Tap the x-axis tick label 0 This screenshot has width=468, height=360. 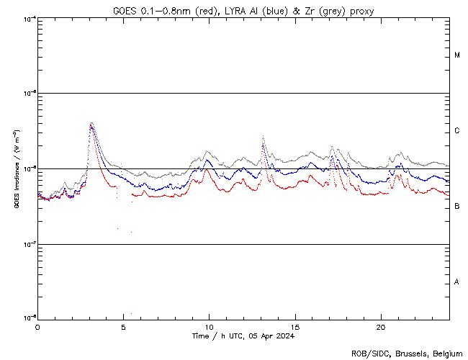tap(37, 326)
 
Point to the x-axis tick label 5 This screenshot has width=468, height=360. tap(123, 326)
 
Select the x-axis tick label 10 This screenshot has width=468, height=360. tap(209, 326)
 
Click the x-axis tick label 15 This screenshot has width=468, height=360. tap(295, 326)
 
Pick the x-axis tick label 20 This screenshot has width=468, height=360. tap(381, 326)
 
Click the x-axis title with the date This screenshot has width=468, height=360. tap(243, 336)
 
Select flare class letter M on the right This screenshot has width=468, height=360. tap(457, 55)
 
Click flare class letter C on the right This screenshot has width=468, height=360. tap(457, 131)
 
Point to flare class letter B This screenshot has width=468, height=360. tap(457, 207)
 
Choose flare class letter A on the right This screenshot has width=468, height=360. tap(457, 282)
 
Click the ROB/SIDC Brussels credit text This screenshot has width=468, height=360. tap(407, 353)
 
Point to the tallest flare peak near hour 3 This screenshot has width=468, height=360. tap(91, 123)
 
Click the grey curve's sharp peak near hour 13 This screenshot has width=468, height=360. tap(263, 135)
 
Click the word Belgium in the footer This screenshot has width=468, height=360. tap(448, 353)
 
